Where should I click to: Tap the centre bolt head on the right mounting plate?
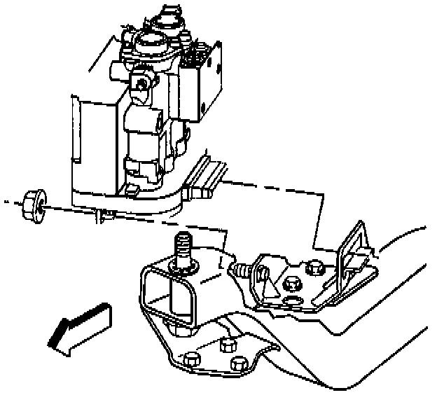(291, 284)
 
